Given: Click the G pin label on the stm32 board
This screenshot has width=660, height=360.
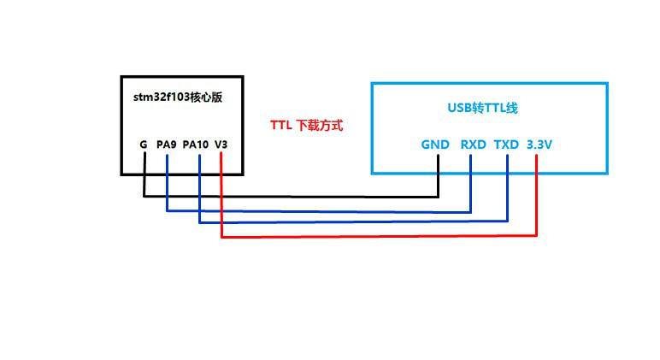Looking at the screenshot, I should coord(144,145).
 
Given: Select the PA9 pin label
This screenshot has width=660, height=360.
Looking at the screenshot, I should coord(166,145).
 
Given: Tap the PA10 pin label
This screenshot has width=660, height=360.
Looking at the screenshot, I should coord(196,145).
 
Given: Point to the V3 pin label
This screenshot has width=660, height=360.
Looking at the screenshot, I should coord(221,145).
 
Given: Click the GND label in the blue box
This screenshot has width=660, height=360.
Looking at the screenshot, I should coord(435,145).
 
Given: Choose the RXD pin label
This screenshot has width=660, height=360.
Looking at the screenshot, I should coord(473,145).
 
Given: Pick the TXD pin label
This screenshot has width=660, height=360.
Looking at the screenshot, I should coord(506,145).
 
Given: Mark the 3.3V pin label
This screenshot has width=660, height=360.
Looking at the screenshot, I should coord(539,145).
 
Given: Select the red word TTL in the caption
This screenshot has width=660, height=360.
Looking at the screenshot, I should coord(281,125).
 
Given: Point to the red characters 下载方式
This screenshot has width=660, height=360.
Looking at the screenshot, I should coord(319,125).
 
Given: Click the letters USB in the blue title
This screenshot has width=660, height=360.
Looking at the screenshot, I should coord(459,109).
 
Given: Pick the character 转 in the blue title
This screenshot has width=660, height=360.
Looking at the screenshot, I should coord(478,109).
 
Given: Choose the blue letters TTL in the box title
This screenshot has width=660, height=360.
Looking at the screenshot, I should coord(495,109).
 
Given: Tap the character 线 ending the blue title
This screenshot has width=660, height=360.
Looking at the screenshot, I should coord(512,109).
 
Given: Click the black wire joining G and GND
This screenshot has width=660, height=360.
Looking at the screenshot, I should coord(291,197).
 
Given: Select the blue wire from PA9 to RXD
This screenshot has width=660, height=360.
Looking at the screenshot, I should coord(316,211).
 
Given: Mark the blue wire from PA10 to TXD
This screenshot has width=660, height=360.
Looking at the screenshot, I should coord(351,223).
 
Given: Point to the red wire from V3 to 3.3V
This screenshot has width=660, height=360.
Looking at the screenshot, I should coord(376,237).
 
